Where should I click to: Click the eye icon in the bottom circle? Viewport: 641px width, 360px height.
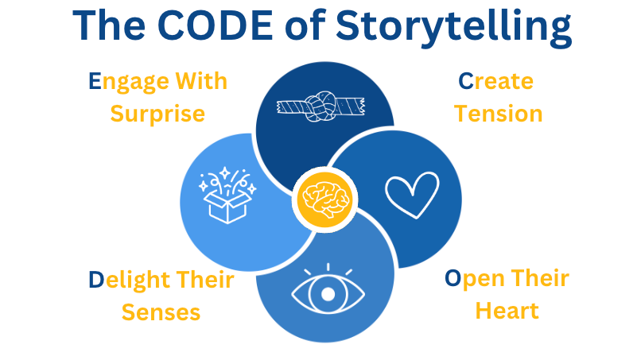click(327, 293)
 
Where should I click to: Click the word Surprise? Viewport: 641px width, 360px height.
click(157, 113)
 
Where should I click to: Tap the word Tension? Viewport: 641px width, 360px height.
click(499, 113)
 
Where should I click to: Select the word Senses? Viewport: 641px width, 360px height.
click(161, 312)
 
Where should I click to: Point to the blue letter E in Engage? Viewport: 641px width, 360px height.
click(95, 81)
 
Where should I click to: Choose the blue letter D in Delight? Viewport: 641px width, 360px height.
click(95, 280)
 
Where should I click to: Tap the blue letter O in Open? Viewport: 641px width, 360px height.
click(453, 278)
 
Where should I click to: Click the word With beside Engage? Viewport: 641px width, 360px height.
click(201, 81)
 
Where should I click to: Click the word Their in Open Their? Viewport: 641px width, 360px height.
click(538, 278)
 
